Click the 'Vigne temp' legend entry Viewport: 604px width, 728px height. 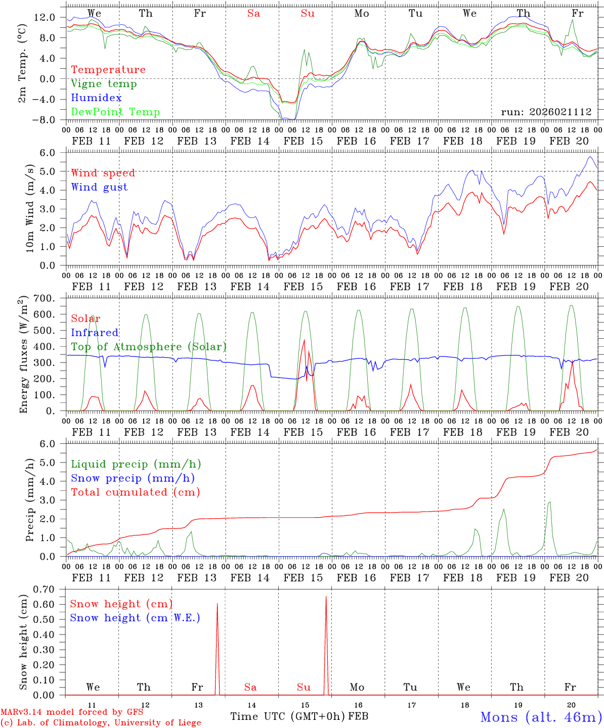pyautogui.click(x=104, y=84)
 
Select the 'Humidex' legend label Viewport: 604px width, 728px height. pyautogui.click(x=96, y=98)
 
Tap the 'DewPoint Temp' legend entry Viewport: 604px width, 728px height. pyautogui.click(x=115, y=112)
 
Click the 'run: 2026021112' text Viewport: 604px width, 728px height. pyautogui.click(x=546, y=112)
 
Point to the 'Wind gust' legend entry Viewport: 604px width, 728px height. pyautogui.click(x=99, y=187)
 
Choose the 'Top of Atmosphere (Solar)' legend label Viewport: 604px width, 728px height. pyautogui.click(x=149, y=347)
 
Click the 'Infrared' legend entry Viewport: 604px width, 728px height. pyautogui.click(x=95, y=333)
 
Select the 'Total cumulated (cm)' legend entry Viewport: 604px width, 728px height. pyautogui.click(x=136, y=492)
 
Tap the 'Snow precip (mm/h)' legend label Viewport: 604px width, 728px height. pyautogui.click(x=133, y=478)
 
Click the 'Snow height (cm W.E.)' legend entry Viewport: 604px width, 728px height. pyautogui.click(x=135, y=618)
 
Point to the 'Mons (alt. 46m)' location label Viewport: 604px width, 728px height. pyautogui.click(x=541, y=717)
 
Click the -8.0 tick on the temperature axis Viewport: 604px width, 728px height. pyautogui.click(x=45, y=120)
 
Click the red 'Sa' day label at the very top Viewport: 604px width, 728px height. pyautogui.click(x=253, y=14)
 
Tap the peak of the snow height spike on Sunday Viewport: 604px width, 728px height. pyautogui.click(x=326, y=597)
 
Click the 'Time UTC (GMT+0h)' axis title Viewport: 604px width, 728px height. pyautogui.click(x=288, y=716)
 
